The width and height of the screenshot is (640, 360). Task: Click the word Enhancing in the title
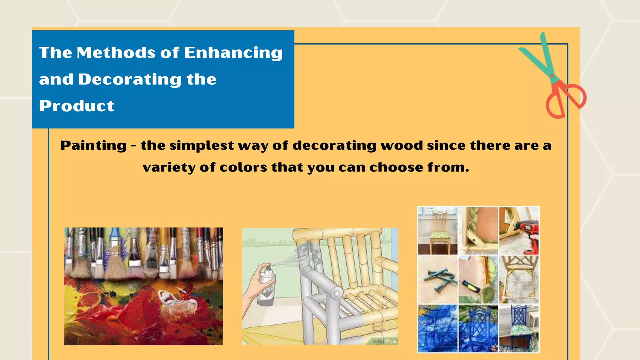tap(233, 52)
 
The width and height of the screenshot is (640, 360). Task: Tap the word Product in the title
tap(77, 106)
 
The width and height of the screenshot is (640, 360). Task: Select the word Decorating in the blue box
tap(129, 79)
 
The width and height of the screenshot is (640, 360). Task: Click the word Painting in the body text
tap(93, 146)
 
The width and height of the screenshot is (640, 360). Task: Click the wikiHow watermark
tap(384, 341)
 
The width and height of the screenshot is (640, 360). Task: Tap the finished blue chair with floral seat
tap(519, 328)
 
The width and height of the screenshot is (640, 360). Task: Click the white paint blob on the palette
tap(175, 303)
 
